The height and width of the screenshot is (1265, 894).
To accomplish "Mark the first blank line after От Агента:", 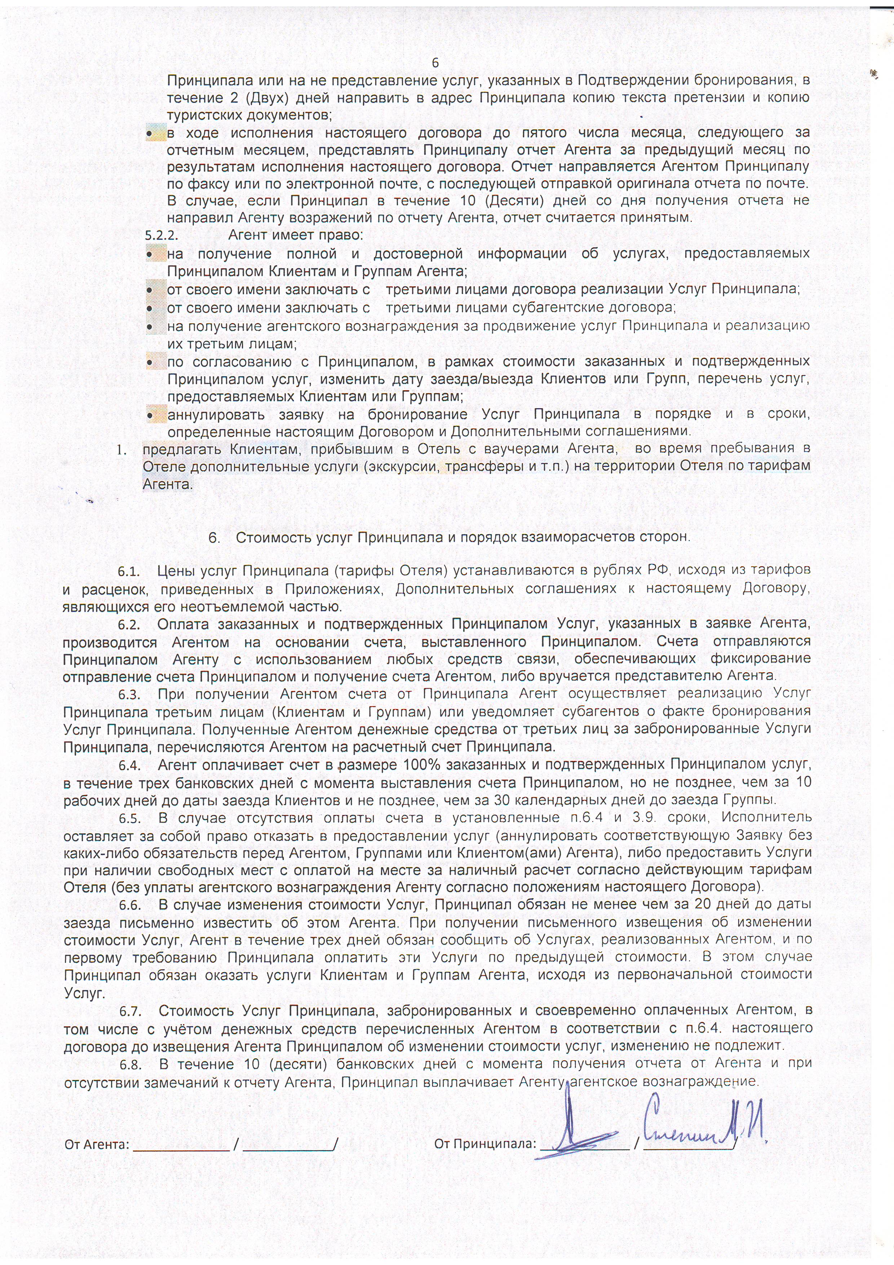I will [181, 1148].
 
